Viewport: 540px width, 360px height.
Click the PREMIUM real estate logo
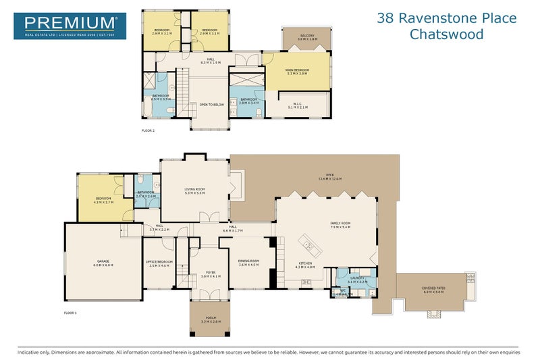pyautogui.click(x=70, y=26)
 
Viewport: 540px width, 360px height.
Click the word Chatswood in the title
pyautogui.click(x=447, y=34)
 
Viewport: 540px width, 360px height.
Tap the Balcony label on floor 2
pyautogui.click(x=306, y=37)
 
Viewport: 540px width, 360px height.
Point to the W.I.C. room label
pyautogui.click(x=298, y=105)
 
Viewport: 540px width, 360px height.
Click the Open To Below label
pyautogui.click(x=211, y=105)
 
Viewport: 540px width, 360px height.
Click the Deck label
pyautogui.click(x=330, y=177)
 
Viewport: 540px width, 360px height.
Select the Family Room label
pyautogui.click(x=340, y=225)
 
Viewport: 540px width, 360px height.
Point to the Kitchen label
pyautogui.click(x=305, y=265)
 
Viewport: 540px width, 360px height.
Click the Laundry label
pyautogui.click(x=358, y=279)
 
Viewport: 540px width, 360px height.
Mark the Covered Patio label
pyautogui.click(x=433, y=290)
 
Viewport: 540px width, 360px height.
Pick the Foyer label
pyautogui.click(x=211, y=274)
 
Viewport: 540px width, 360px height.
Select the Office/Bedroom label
pyautogui.click(x=159, y=263)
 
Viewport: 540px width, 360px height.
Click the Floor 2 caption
pyautogui.click(x=148, y=130)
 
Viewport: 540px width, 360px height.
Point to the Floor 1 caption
pyautogui.click(x=70, y=313)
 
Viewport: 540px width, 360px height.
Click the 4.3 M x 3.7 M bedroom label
pyautogui.click(x=104, y=200)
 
